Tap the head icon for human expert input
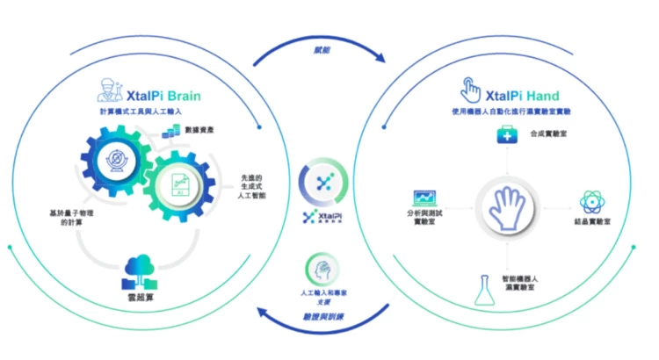click(x=320, y=267)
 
